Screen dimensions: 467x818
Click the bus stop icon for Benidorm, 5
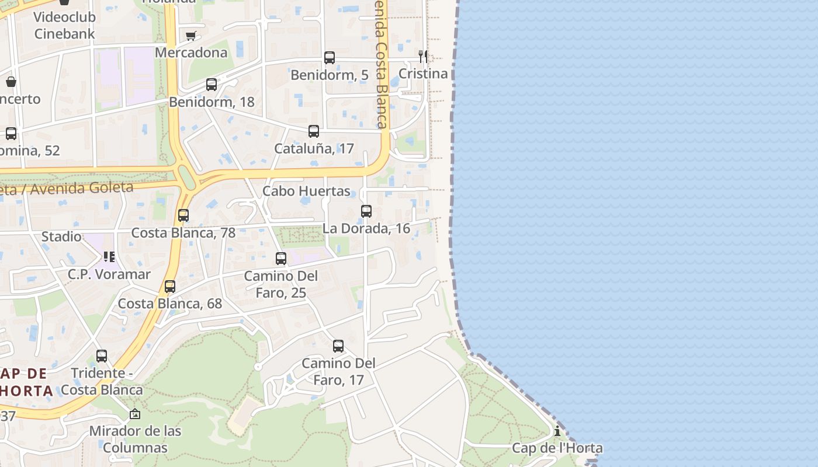tap(330, 58)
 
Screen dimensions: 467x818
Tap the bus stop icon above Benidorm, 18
tap(212, 85)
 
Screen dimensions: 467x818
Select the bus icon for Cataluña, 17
tap(314, 131)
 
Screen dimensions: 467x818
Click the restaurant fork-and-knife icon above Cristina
tap(423, 57)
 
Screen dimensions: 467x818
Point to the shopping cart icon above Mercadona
tap(190, 36)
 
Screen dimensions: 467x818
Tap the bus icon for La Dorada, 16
tap(366, 211)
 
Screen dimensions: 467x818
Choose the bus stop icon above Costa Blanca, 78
tap(183, 215)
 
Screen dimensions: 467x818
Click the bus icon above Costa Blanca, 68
tap(170, 287)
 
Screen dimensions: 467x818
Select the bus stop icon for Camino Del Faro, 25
tap(281, 259)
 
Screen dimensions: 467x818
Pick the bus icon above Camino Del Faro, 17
tap(338, 346)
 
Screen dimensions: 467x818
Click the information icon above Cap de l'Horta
tap(557, 431)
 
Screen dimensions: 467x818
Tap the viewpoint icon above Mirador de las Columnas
tap(135, 414)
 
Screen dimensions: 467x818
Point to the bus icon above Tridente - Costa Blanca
tap(102, 356)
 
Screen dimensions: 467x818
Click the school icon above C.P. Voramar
tap(109, 257)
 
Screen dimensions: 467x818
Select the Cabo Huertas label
tap(306, 191)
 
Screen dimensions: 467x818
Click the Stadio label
tap(61, 236)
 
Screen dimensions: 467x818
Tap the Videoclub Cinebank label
tap(64, 25)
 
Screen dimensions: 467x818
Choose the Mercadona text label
tap(191, 53)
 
